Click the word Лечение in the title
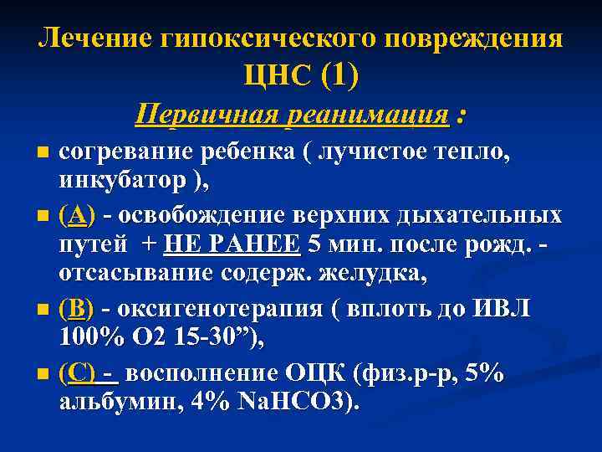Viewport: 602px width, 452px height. click(85, 39)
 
